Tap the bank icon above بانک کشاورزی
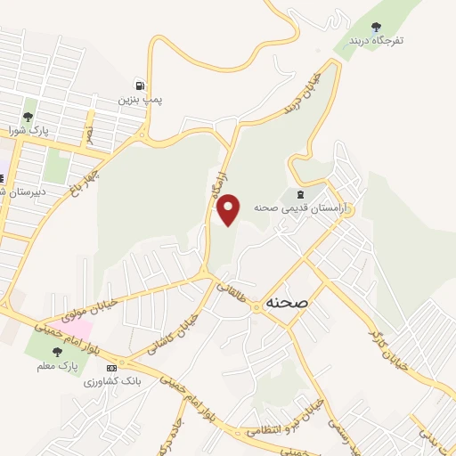pos(110,367)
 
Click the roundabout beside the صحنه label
pos(256,306)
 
